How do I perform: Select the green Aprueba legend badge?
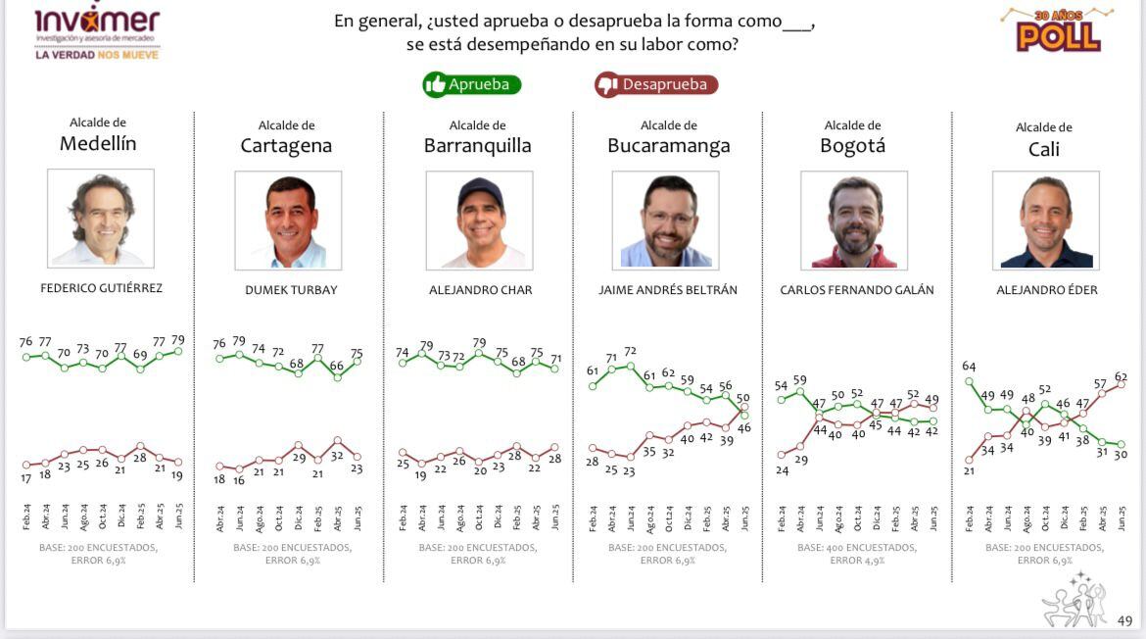click(472, 84)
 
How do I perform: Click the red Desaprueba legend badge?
click(656, 85)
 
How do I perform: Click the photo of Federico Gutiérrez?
click(101, 219)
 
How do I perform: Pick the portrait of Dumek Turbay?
click(288, 221)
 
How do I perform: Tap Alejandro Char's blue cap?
click(479, 189)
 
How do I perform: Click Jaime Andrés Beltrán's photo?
click(665, 221)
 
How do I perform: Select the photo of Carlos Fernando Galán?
click(854, 221)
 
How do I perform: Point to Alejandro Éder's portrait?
click(1045, 221)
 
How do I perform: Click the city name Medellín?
click(98, 144)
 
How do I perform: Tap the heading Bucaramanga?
click(669, 146)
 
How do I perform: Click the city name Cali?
click(1044, 149)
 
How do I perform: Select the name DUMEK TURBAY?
click(291, 290)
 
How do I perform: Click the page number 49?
click(1124, 620)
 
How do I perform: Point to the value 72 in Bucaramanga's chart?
click(631, 351)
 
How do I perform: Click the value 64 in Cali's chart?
click(969, 367)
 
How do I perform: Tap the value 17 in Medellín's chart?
click(25, 478)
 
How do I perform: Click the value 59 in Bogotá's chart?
click(799, 380)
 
